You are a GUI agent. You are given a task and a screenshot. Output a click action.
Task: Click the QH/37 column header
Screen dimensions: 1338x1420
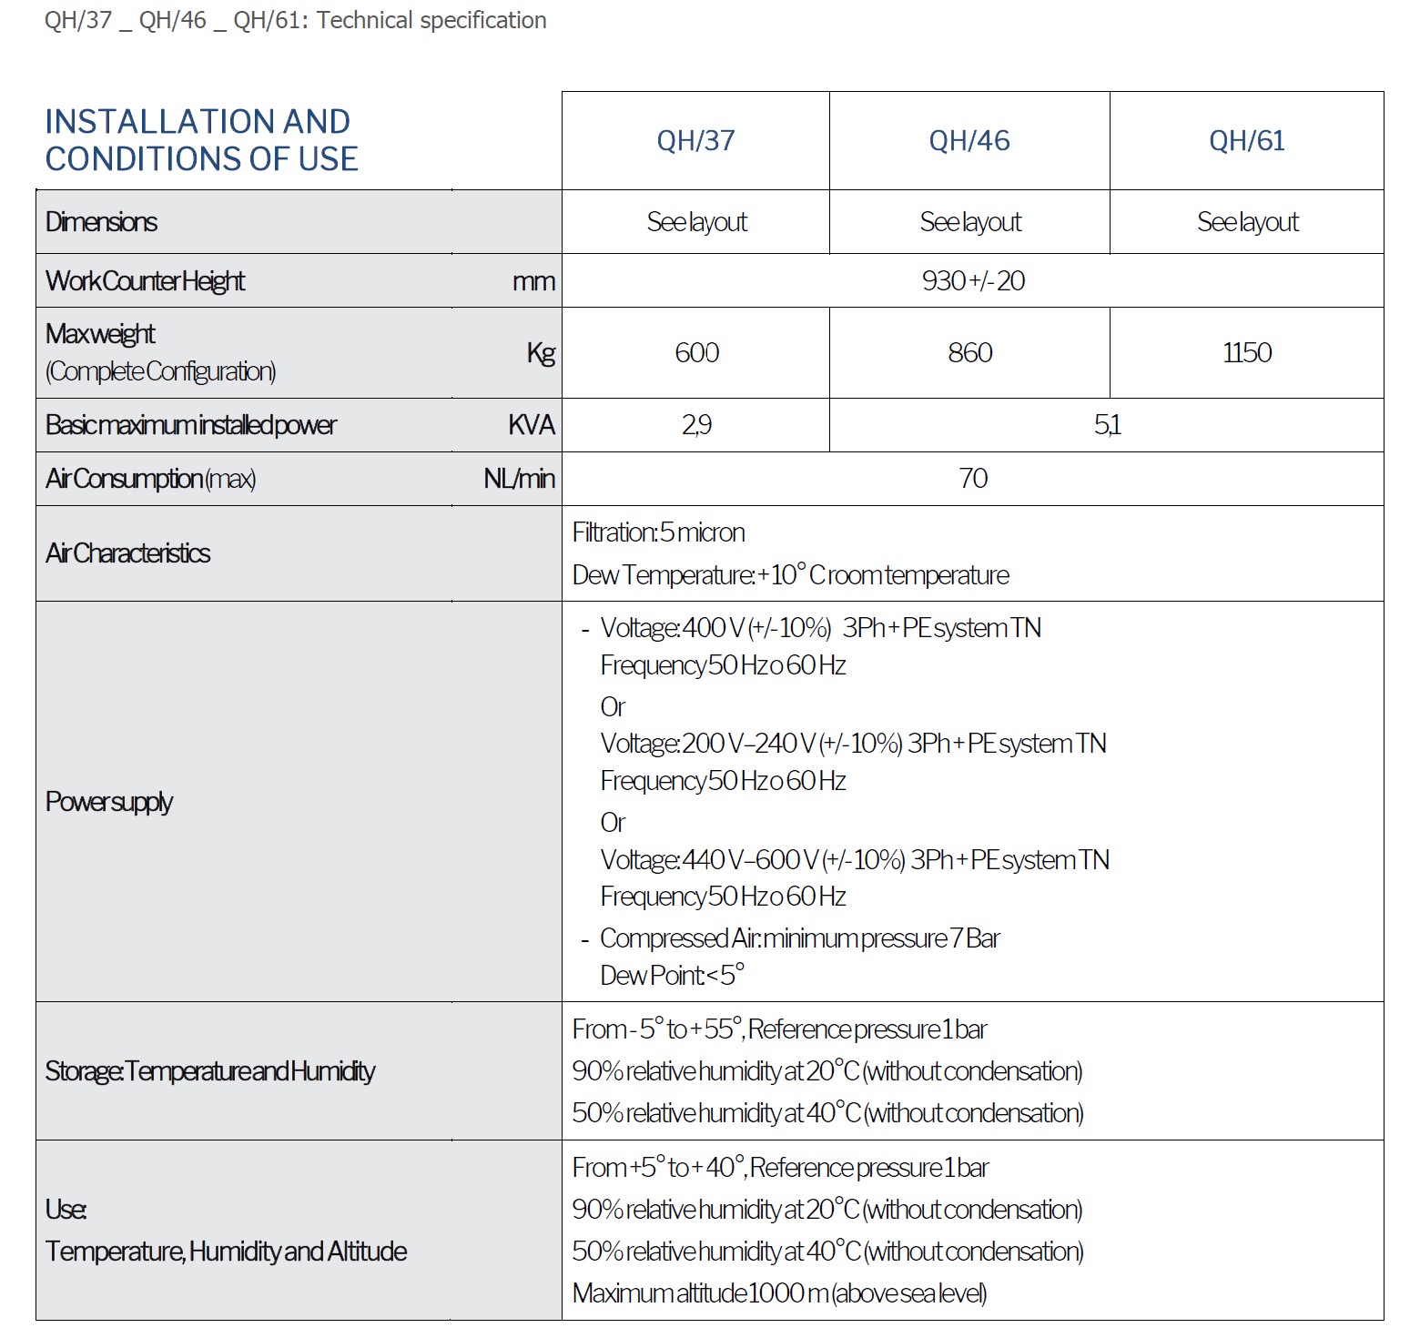pyautogui.click(x=695, y=141)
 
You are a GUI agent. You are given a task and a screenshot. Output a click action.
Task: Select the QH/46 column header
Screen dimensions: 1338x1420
pyautogui.click(x=969, y=141)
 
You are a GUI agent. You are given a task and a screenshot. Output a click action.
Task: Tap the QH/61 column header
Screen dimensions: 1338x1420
pyautogui.click(x=1246, y=141)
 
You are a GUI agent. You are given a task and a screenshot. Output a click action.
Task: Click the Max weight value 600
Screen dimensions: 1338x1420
pyautogui.click(x=696, y=353)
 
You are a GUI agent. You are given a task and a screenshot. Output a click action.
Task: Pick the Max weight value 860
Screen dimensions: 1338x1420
pyautogui.click(x=969, y=353)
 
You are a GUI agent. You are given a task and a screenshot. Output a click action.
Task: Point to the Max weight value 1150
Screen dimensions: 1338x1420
pyautogui.click(x=1246, y=353)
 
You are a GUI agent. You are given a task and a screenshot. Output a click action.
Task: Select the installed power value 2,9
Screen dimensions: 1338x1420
pyautogui.click(x=696, y=425)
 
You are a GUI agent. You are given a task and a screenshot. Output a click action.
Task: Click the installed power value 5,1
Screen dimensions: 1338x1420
pyautogui.click(x=1107, y=425)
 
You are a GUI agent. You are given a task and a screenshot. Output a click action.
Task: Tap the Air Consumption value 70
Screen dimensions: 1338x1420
pyautogui.click(x=972, y=479)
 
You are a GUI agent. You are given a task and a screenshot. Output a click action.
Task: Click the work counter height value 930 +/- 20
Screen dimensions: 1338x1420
pyautogui.click(x=972, y=281)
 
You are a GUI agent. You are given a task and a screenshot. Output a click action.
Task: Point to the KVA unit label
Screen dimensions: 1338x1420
pyautogui.click(x=532, y=425)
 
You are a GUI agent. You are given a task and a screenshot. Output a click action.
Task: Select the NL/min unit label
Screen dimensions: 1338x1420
pyautogui.click(x=519, y=479)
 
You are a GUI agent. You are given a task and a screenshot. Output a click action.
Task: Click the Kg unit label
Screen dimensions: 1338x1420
pyautogui.click(x=541, y=353)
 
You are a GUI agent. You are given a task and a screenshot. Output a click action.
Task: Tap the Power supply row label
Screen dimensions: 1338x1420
pyautogui.click(x=109, y=802)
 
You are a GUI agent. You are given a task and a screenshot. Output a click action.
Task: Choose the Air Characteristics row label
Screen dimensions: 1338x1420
pyautogui.click(x=127, y=553)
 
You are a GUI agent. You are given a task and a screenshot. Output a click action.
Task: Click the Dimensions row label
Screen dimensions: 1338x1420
pyautogui.click(x=101, y=222)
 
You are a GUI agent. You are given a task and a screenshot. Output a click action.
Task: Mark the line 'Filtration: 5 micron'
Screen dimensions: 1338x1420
pyautogui.click(x=658, y=532)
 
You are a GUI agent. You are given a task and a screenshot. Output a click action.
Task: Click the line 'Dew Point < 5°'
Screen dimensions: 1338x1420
pyautogui.click(x=672, y=976)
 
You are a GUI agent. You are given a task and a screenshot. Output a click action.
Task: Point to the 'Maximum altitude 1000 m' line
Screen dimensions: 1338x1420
pyautogui.click(x=779, y=1293)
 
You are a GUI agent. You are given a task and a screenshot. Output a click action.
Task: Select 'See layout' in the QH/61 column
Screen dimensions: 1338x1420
pyautogui.click(x=1247, y=222)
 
